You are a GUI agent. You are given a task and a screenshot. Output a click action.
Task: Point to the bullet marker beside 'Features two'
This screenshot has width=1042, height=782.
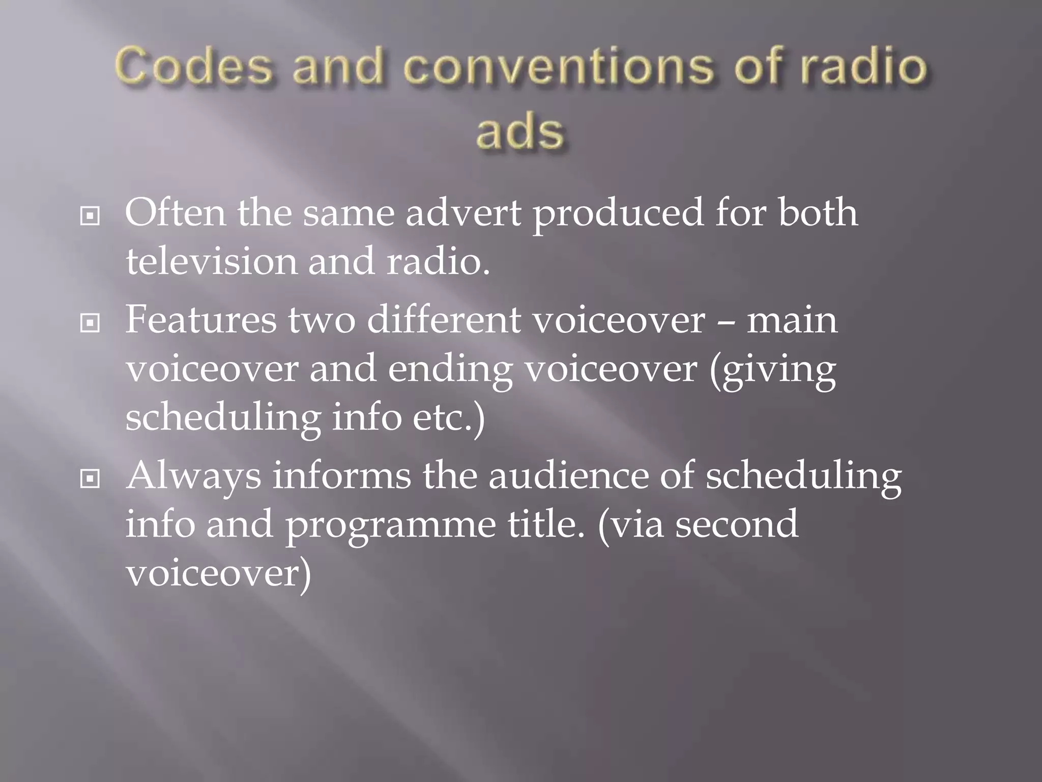point(90,323)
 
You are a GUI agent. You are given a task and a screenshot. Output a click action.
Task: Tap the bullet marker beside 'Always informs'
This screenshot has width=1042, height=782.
point(90,479)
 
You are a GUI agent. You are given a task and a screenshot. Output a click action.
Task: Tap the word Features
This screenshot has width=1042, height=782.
point(201,320)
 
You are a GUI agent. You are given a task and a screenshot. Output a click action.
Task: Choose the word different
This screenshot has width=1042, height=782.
point(444,320)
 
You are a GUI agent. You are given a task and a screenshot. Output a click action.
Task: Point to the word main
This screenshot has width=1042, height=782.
point(792,320)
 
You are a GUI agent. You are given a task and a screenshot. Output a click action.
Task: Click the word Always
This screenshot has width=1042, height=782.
point(193,477)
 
